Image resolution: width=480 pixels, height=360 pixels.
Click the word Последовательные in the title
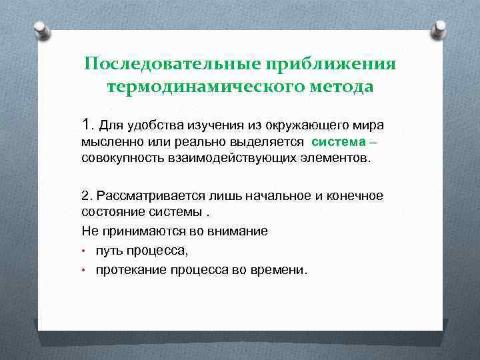coord(172,64)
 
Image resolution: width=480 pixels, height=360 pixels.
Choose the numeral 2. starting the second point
coord(87,195)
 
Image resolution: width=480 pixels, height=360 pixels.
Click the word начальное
coord(257,195)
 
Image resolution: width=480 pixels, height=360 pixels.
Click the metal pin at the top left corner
coord(41,31)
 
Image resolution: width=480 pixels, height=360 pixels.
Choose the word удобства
coord(146,125)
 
